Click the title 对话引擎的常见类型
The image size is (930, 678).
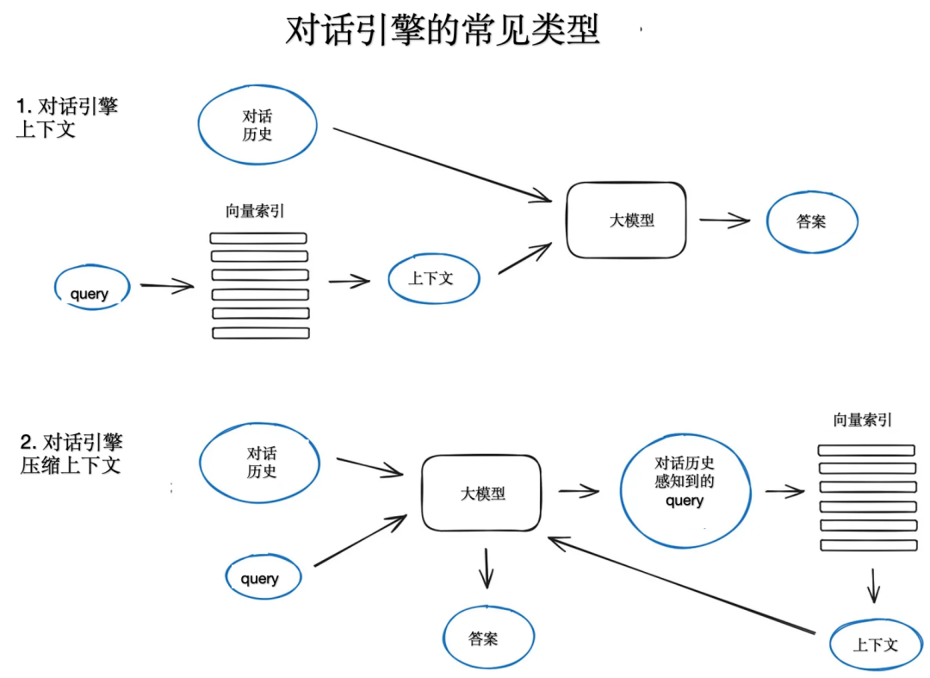pyautogui.click(x=442, y=30)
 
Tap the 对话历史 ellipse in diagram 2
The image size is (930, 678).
pyautogui.click(x=260, y=463)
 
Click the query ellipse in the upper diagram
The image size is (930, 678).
pyautogui.click(x=90, y=291)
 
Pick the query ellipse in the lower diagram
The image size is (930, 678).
pyautogui.click(x=262, y=577)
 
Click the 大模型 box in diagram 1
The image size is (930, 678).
pyautogui.click(x=626, y=220)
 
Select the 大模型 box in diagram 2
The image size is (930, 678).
pyautogui.click(x=481, y=494)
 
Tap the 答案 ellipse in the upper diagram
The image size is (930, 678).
pyautogui.click(x=811, y=222)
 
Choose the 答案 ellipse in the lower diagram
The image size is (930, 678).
pyautogui.click(x=487, y=638)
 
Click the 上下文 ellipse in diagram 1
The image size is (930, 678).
pyautogui.click(x=432, y=278)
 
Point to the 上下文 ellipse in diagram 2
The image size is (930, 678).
pyautogui.click(x=875, y=644)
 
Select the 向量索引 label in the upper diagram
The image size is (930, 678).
pyautogui.click(x=255, y=211)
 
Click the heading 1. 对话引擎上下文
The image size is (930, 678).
pyautogui.click(x=67, y=118)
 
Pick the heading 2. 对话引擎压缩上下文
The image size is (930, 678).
pyautogui.click(x=71, y=454)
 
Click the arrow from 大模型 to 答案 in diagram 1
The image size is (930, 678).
pyautogui.click(x=724, y=221)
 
